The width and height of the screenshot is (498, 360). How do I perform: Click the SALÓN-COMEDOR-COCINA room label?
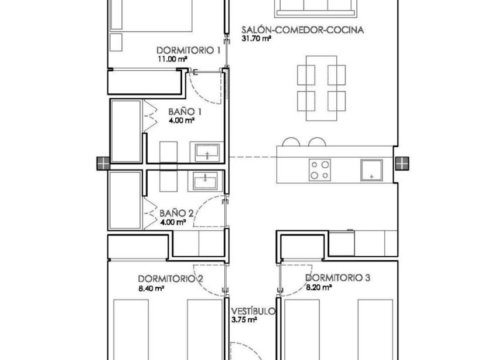(303, 29)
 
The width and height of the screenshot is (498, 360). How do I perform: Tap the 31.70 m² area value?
(257, 39)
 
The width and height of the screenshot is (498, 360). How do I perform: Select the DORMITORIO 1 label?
(188, 50)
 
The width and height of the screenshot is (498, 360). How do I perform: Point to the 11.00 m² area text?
(172, 59)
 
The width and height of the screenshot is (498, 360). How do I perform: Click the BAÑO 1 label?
(185, 111)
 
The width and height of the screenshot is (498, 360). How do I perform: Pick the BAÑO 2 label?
(176, 213)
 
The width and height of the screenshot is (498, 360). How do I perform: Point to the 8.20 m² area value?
(319, 288)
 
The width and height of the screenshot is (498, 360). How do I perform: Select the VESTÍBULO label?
(253, 311)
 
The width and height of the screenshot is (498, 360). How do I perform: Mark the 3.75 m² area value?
(244, 320)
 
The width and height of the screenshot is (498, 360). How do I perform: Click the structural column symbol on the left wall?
(103, 164)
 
